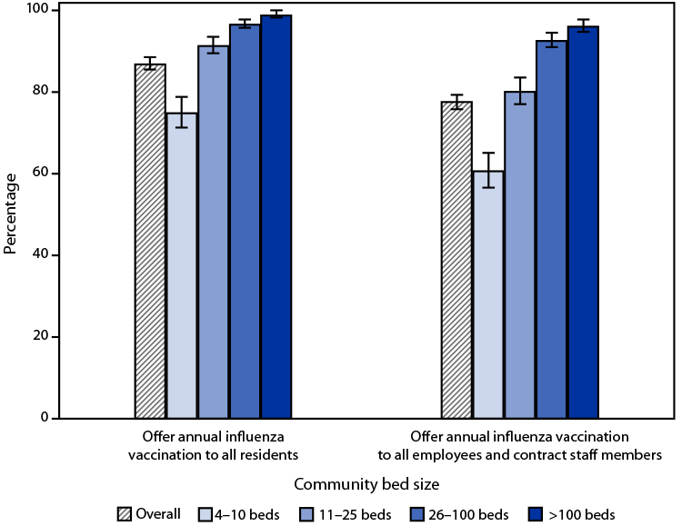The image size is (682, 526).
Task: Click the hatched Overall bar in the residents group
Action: (x=150, y=241)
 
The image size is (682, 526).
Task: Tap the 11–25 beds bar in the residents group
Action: (x=214, y=232)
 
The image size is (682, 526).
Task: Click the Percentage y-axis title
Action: (x=11, y=214)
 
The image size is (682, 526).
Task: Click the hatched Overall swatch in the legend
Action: (x=127, y=514)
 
